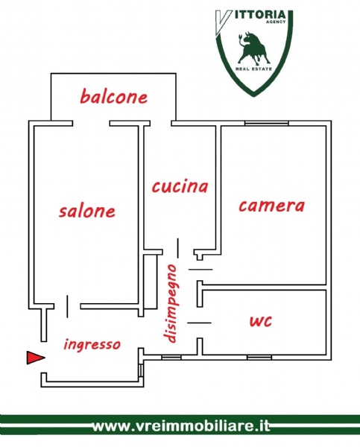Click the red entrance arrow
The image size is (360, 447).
[x=35, y=358]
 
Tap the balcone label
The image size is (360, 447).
[x=114, y=96]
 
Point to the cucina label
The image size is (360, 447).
[x=180, y=186]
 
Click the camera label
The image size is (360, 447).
[x=271, y=206]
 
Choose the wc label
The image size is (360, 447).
[x=261, y=320]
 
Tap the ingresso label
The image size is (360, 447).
[x=92, y=344]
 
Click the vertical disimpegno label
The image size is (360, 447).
[x=170, y=304]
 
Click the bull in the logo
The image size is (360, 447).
[x=253, y=48]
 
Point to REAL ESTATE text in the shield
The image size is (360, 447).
[x=254, y=69]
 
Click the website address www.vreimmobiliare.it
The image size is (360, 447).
[x=181, y=426]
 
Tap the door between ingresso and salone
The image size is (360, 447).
[x=67, y=306]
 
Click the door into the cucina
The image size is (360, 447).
[x=178, y=248]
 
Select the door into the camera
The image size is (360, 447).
[x=200, y=269]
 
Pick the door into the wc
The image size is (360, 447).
[x=200, y=323]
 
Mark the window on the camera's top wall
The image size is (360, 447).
[x=266, y=123]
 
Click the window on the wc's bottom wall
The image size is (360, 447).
[x=259, y=357]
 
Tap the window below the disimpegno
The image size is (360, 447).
[x=171, y=357]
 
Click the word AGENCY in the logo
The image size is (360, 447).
[x=276, y=22]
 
